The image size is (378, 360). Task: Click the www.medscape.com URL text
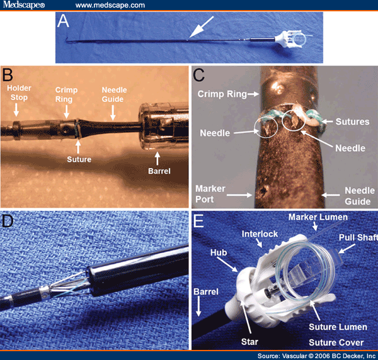(x=110, y=5)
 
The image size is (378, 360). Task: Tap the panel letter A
(x=63, y=23)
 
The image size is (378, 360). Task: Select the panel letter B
(x=9, y=77)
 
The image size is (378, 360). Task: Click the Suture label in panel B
(x=79, y=159)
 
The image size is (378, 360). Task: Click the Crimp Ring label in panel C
(x=218, y=93)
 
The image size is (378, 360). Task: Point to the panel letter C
(x=200, y=78)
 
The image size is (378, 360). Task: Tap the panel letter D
(x=9, y=221)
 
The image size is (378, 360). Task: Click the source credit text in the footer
(x=313, y=355)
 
